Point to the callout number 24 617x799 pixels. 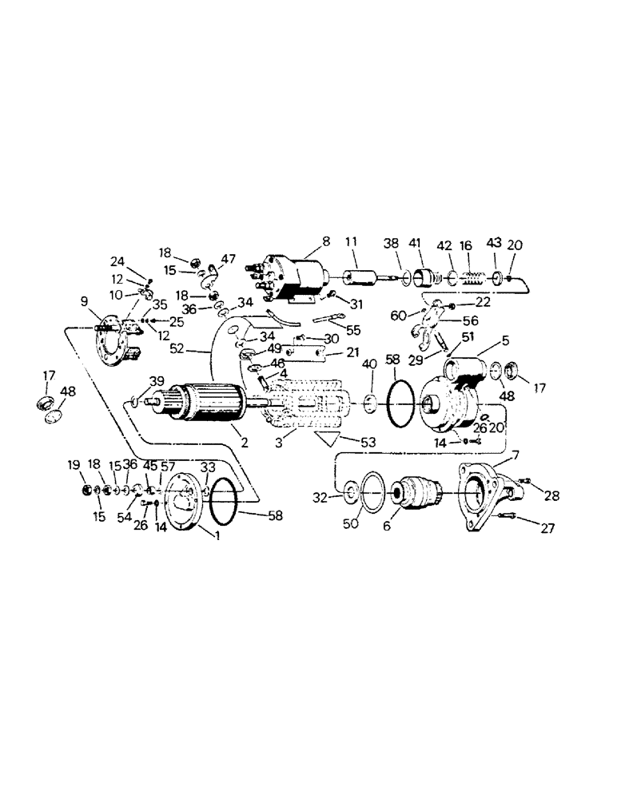pyautogui.click(x=117, y=260)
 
